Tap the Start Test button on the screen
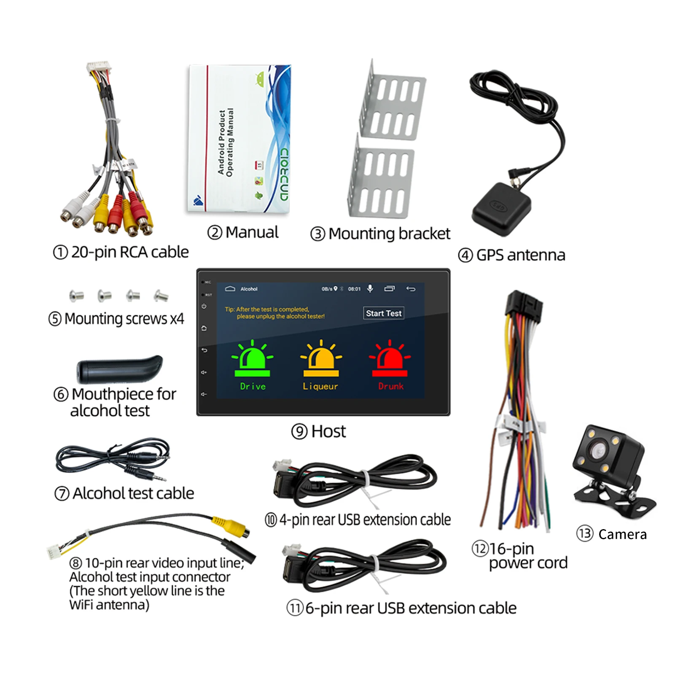click(384, 313)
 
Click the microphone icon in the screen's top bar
click(370, 288)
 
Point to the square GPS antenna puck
click(501, 209)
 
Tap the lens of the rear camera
click(598, 452)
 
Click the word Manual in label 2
click(252, 232)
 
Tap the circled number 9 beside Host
click(299, 431)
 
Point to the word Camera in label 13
click(622, 535)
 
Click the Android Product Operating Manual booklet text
click(226, 143)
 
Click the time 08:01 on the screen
click(354, 289)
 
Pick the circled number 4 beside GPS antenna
click(465, 255)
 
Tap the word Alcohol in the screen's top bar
click(249, 289)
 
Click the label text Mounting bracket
click(389, 234)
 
